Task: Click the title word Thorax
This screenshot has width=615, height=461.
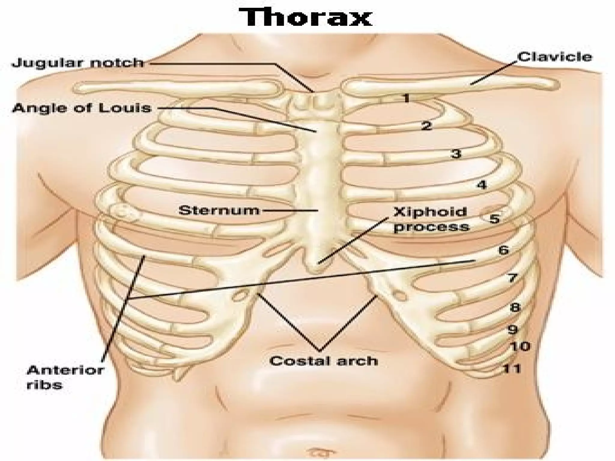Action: click(x=305, y=17)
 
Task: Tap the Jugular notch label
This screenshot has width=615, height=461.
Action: click(x=78, y=63)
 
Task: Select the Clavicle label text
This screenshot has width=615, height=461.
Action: click(x=554, y=57)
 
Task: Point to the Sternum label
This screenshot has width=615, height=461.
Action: click(x=219, y=210)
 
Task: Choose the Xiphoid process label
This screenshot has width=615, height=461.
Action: click(x=431, y=219)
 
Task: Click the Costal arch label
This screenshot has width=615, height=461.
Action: click(x=324, y=361)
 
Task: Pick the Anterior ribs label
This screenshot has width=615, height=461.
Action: click(x=65, y=377)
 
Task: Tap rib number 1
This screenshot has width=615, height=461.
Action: click(x=406, y=98)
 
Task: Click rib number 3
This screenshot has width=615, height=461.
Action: click(x=456, y=154)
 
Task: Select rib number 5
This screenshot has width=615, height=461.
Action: click(x=494, y=219)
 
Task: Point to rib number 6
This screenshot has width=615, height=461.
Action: click(x=504, y=250)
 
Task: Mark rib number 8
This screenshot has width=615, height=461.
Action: click(x=515, y=307)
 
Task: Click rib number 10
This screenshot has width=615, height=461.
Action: click(x=520, y=346)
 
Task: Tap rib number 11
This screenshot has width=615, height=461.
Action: click(x=512, y=368)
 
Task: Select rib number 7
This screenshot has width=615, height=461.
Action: click(x=513, y=278)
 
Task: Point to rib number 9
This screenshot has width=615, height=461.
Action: click(x=513, y=330)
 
